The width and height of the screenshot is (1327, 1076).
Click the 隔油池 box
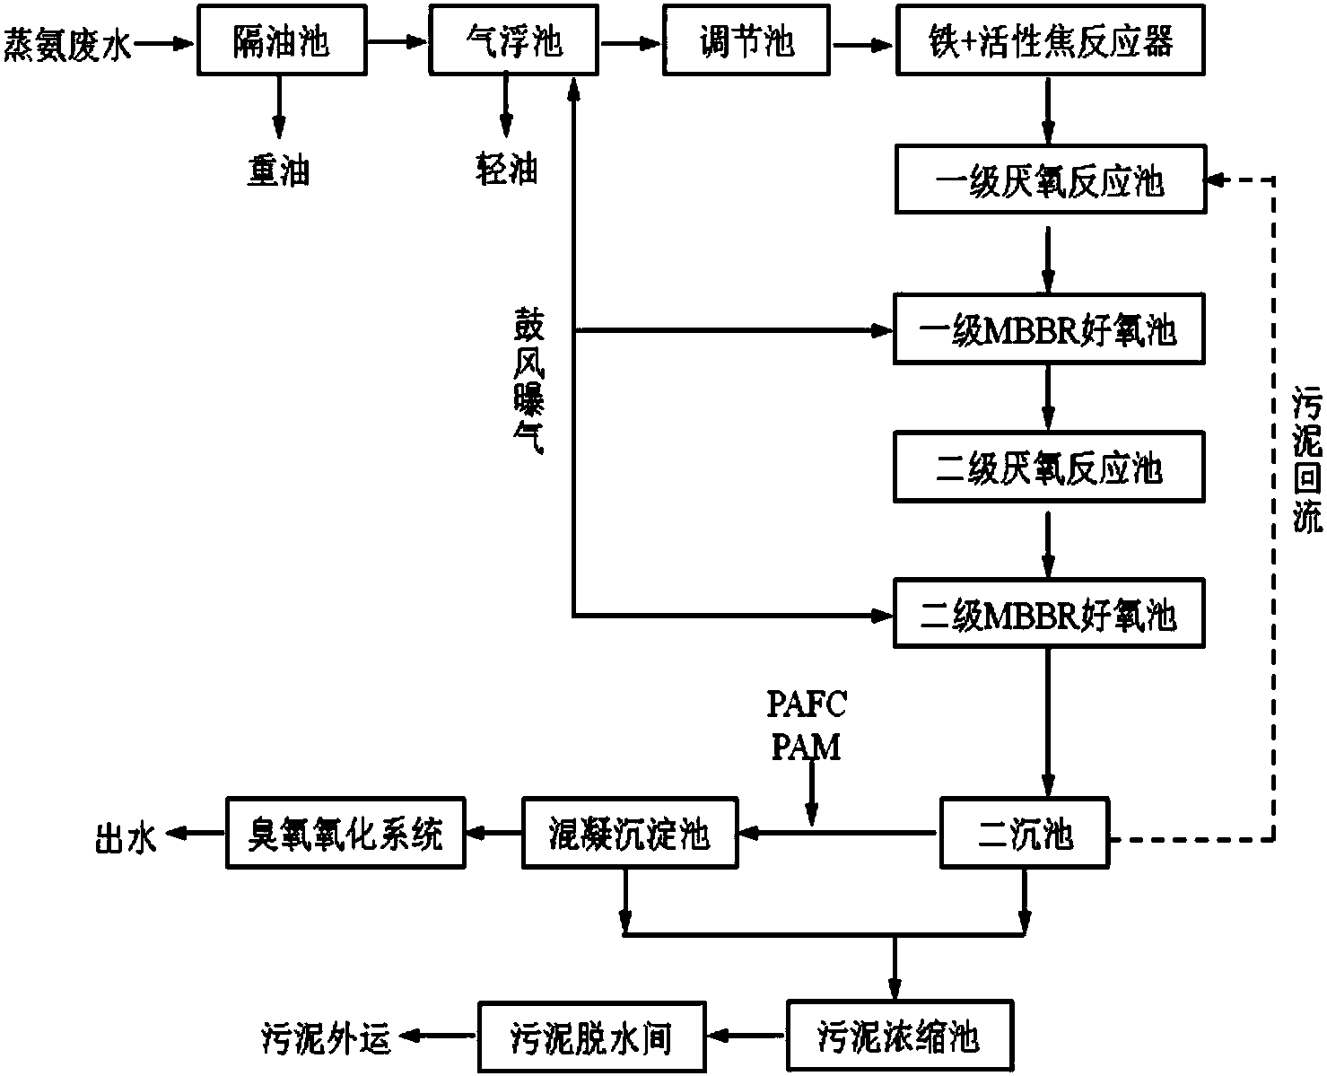280,42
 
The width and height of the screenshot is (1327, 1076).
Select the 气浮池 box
514,42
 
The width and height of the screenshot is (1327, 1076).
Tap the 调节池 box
746,42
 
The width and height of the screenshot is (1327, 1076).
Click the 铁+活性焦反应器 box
1050,42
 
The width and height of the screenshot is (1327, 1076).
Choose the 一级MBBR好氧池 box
1048,331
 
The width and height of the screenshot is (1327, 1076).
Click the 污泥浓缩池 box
898,1038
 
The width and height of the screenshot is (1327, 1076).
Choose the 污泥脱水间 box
590,1038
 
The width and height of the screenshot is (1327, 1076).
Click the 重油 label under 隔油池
279,169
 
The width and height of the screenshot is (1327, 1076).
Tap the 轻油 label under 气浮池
507,169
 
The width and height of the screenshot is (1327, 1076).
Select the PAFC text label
807,705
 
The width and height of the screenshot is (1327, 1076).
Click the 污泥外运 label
327,1038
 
